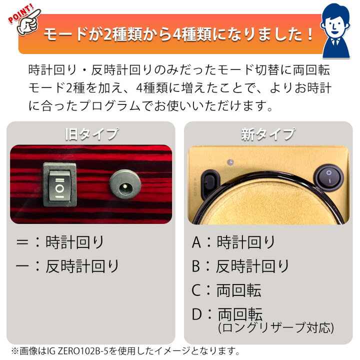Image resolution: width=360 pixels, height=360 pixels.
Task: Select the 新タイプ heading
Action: click(268, 134)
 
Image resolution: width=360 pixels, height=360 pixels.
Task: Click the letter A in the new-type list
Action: click(197, 243)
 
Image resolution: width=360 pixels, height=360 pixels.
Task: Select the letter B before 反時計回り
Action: click(197, 266)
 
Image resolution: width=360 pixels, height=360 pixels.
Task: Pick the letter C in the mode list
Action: click(197, 290)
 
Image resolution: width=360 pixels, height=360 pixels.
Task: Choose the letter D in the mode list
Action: click(197, 314)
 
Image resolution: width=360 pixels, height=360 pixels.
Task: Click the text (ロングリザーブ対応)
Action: click(275, 328)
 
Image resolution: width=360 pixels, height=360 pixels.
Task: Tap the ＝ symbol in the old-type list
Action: click(22, 243)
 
